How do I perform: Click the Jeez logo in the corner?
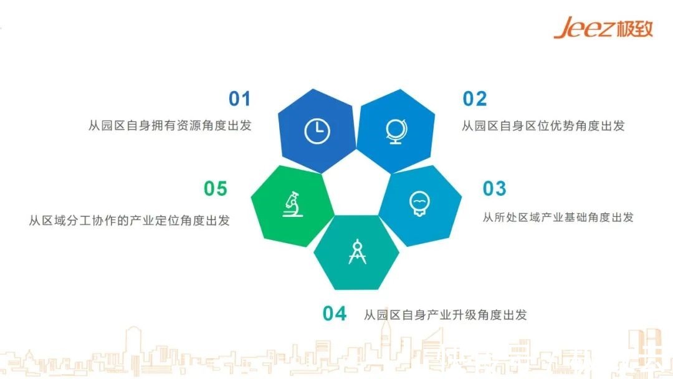point(603,28)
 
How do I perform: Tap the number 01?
point(239,98)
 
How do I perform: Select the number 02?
point(475,98)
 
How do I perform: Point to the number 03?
point(494,188)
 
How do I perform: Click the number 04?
point(335,314)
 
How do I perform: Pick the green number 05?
point(216,188)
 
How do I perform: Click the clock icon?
point(317,131)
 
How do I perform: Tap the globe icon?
point(396,131)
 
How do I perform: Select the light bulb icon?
point(419,204)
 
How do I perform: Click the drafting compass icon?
point(357,252)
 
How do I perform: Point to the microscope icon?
point(293,204)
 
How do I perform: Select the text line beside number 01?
point(170,125)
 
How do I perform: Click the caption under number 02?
point(543,126)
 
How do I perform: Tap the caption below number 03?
point(558,217)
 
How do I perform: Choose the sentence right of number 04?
point(446,315)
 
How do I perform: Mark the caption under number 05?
point(129,221)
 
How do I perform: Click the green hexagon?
point(293,206)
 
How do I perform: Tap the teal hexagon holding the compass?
point(356,252)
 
